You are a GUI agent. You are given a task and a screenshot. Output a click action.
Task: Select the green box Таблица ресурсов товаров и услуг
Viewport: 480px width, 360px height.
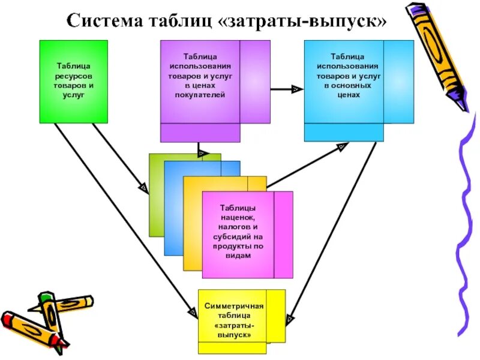pos(74,82)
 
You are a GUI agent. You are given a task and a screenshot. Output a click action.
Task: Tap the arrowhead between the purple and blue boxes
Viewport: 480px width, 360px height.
pos(296,89)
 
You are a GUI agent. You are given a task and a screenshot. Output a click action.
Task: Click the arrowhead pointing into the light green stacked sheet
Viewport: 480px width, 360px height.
pos(145,188)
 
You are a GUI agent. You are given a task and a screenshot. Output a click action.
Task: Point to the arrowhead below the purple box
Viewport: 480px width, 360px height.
pos(203,153)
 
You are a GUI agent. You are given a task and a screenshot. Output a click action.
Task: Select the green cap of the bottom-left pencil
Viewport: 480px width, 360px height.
pos(45,296)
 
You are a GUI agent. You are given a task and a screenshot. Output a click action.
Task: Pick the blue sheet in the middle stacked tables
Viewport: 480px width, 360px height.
pos(173,210)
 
